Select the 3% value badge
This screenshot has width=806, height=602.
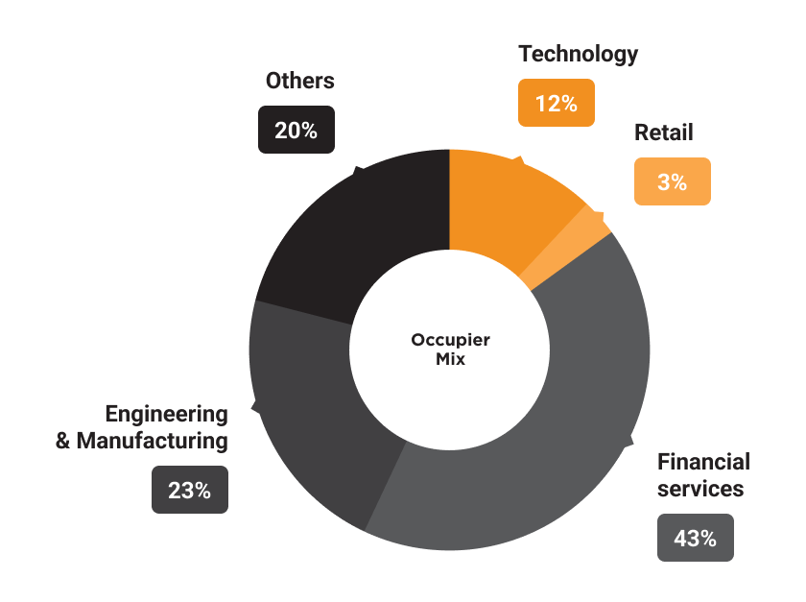(x=673, y=181)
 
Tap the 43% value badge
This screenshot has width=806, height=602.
(x=696, y=538)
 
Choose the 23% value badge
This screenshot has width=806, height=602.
(x=189, y=490)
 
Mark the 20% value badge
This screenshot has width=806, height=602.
(x=296, y=130)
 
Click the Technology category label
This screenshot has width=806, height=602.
(x=579, y=54)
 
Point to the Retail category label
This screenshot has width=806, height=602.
(x=663, y=132)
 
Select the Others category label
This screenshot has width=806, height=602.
(x=300, y=81)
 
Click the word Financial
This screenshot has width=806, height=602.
(x=703, y=462)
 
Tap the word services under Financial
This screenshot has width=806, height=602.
(x=700, y=489)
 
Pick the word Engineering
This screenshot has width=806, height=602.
(x=167, y=415)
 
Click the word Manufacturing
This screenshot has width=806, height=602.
(x=153, y=442)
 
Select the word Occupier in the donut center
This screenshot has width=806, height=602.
(x=450, y=340)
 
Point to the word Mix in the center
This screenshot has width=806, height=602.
(x=450, y=360)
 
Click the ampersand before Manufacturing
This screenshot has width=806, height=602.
(x=63, y=442)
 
